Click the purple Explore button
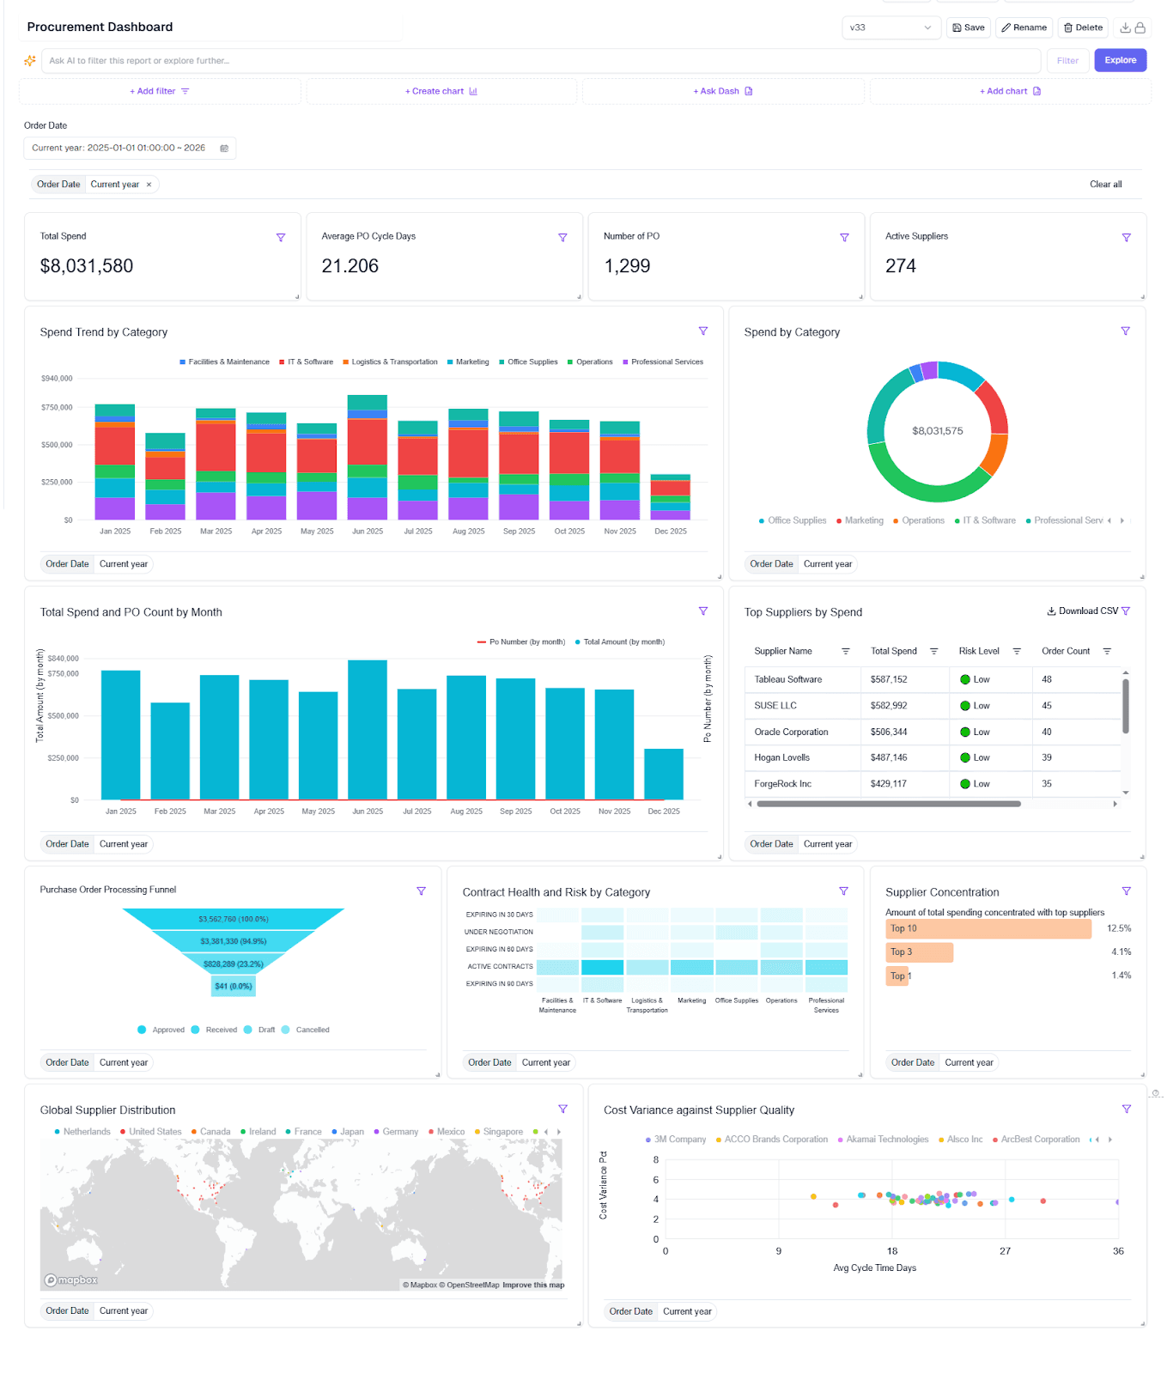pyautogui.click(x=1120, y=60)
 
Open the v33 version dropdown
pyautogui.click(x=890, y=27)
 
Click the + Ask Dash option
pyautogui.click(x=722, y=91)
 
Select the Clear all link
pyautogui.click(x=1105, y=185)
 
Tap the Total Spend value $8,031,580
pyautogui.click(x=87, y=266)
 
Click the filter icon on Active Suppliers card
pyautogui.click(x=1126, y=237)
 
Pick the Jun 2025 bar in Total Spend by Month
pyautogui.click(x=368, y=730)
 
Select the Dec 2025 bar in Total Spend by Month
pyautogui.click(x=664, y=774)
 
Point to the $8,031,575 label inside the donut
pyautogui.click(x=937, y=431)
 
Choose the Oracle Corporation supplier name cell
pyautogui.click(x=791, y=733)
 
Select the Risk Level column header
pyautogui.click(x=979, y=652)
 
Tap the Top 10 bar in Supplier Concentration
pyautogui.click(x=988, y=928)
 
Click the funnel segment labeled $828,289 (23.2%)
pyautogui.click(x=233, y=964)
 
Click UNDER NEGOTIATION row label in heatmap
pyautogui.click(x=499, y=932)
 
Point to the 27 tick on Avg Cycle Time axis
pyautogui.click(x=1005, y=1251)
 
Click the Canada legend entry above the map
pyautogui.click(x=214, y=1132)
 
